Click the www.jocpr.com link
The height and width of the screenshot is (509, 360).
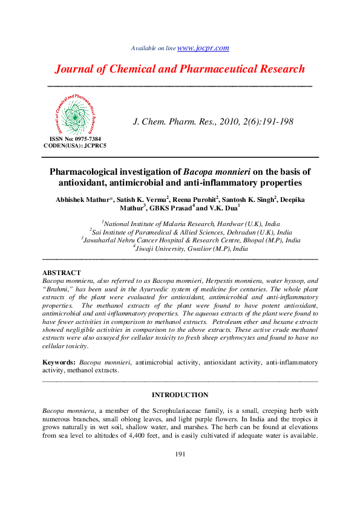click(x=203, y=48)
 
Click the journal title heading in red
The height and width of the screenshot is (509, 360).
click(x=180, y=69)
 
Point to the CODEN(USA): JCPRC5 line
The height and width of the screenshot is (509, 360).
click(x=75, y=146)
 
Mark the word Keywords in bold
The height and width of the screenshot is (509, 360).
click(x=59, y=362)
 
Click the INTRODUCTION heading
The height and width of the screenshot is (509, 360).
click(x=180, y=395)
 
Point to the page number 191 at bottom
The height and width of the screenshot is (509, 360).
click(x=180, y=455)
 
